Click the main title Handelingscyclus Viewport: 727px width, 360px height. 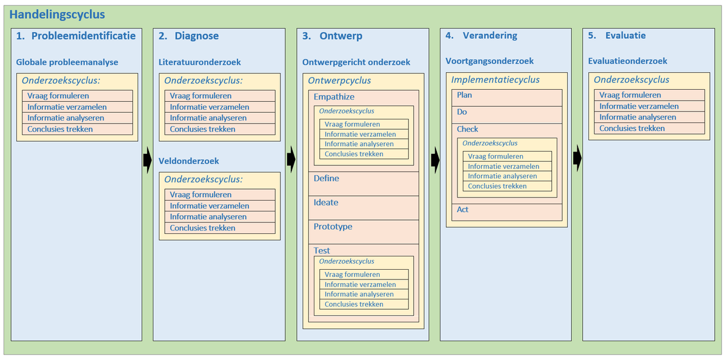[58, 15]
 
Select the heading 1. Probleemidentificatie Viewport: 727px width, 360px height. [76, 36]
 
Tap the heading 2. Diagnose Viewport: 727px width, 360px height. [188, 36]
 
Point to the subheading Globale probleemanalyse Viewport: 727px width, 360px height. [67, 62]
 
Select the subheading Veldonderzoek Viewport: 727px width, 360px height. [188, 161]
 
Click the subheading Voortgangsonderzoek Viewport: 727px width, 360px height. [490, 61]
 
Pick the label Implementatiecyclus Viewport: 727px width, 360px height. [495, 80]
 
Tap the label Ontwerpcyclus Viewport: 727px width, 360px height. [339, 81]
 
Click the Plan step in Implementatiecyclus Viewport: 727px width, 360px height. [465, 95]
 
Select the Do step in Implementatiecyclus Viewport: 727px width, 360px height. [462, 112]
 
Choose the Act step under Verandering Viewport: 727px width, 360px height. [463, 210]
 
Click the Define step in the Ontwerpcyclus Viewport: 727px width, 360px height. [327, 179]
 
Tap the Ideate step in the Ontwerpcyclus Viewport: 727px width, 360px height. [326, 202]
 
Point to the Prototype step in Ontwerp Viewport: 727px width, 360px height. [333, 227]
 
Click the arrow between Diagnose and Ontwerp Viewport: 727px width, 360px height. [291, 159]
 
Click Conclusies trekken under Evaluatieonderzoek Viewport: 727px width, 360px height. [632, 128]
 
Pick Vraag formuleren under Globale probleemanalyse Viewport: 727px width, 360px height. [58, 96]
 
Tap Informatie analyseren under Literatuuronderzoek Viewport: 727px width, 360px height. [208, 118]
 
